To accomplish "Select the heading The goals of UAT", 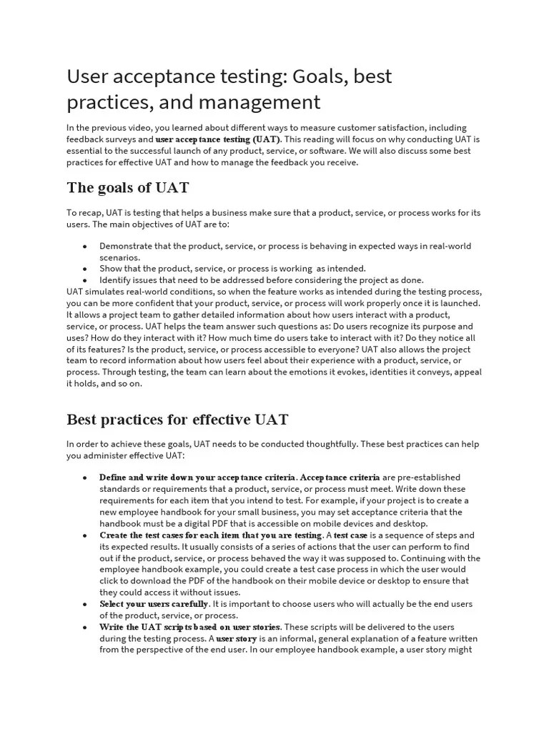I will [128, 188].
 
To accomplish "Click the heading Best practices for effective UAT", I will [177, 419].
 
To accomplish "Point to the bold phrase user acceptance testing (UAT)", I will [218, 139].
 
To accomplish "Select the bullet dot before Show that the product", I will [85, 269].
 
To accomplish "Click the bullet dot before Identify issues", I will [85, 280].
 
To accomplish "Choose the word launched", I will [459, 303].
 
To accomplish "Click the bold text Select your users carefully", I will [154, 604].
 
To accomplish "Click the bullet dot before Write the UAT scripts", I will [85, 627].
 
